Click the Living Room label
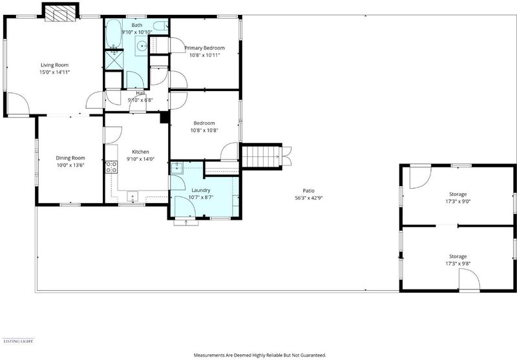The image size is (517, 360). point(54,65)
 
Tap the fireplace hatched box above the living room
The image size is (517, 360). point(56,14)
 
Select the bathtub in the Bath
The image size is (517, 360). point(114,34)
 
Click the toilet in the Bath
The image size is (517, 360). point(161,26)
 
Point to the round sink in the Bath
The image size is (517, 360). point(142,46)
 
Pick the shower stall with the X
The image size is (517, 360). point(114,60)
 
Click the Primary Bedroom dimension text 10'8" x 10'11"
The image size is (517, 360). point(204,55)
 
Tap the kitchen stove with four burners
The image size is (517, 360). point(111,167)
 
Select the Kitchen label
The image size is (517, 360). point(140,152)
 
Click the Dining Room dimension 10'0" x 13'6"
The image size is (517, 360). point(70,165)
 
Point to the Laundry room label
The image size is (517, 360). point(201,190)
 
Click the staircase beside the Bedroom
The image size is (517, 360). point(261,156)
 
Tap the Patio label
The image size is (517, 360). point(309,191)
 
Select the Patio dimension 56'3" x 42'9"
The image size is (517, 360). point(309,198)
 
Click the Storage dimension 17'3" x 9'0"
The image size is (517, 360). point(458,201)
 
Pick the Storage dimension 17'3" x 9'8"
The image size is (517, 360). point(458,264)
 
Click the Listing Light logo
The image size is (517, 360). point(18,341)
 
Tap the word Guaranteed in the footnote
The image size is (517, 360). point(315,355)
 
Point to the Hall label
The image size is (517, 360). point(140,93)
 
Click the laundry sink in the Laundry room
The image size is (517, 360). point(177,168)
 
